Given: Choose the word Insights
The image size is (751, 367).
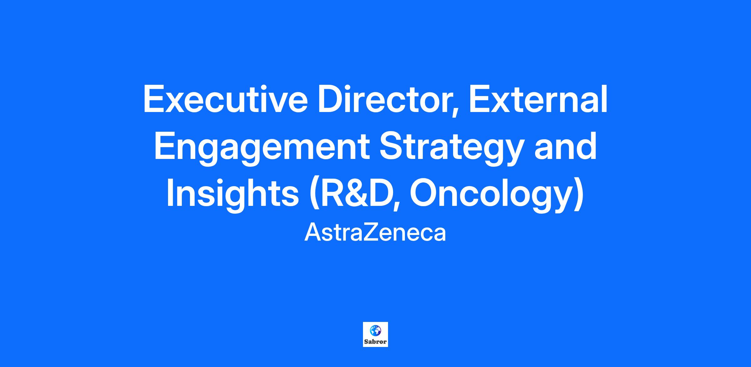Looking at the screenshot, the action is point(232,194).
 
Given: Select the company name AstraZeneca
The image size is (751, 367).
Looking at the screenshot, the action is point(375,233).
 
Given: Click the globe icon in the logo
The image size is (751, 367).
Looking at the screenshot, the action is point(375,330).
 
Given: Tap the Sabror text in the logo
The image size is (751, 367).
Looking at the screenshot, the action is point(375,342).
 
